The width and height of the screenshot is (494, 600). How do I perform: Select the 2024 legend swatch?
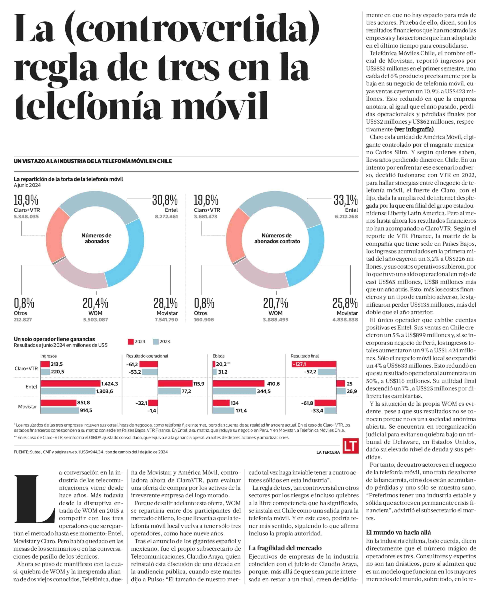tap(131, 342)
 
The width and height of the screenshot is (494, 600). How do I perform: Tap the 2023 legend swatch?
tap(156, 342)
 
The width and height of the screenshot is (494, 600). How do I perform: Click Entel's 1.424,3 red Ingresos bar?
tap(71, 383)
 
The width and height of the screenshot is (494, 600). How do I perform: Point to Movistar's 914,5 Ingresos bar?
tap(60, 410)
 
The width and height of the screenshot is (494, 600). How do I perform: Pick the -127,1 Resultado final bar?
tap(314, 364)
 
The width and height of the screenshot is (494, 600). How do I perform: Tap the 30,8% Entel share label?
tap(165, 200)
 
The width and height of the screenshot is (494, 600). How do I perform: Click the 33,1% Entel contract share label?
tap(346, 200)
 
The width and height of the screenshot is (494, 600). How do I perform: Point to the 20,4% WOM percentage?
tap(95, 303)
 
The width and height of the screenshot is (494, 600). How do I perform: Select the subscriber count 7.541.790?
tap(166, 320)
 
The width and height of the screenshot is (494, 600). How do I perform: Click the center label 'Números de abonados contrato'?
tap(277, 238)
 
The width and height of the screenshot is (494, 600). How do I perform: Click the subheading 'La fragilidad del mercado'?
tap(285, 548)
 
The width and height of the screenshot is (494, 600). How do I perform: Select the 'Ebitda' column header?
tap(219, 356)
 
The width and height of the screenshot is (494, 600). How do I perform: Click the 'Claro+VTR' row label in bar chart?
tap(26, 368)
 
